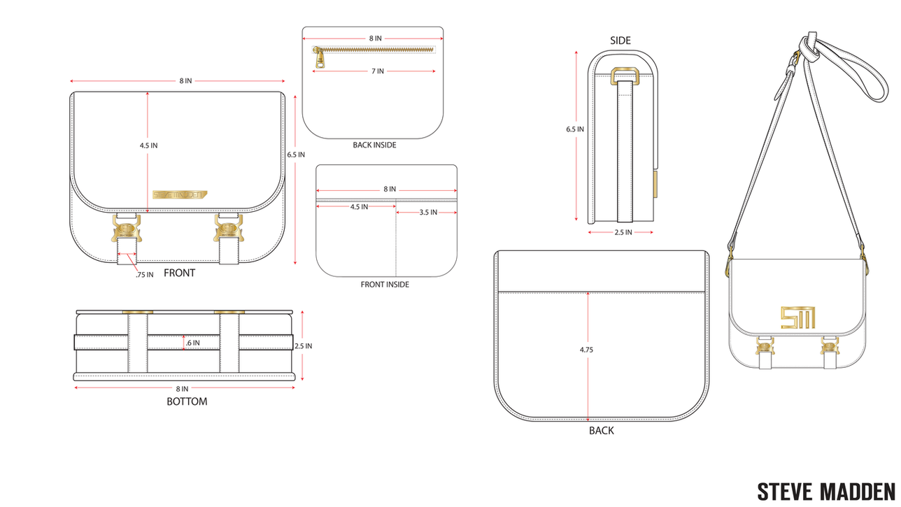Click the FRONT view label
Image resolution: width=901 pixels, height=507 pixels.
[179, 273]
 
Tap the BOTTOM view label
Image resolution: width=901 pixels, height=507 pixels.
[187, 401]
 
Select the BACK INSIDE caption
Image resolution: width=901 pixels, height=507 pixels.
[374, 145]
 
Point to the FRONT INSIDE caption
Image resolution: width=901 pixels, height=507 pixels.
[385, 284]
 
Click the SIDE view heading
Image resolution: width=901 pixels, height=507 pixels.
[620, 41]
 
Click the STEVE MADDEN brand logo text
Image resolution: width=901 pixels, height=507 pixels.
[826, 492]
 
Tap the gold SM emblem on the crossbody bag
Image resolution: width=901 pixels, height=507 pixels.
[798, 317]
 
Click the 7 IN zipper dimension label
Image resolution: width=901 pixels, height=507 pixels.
[378, 71]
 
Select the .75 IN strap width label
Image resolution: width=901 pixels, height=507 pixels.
[144, 275]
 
